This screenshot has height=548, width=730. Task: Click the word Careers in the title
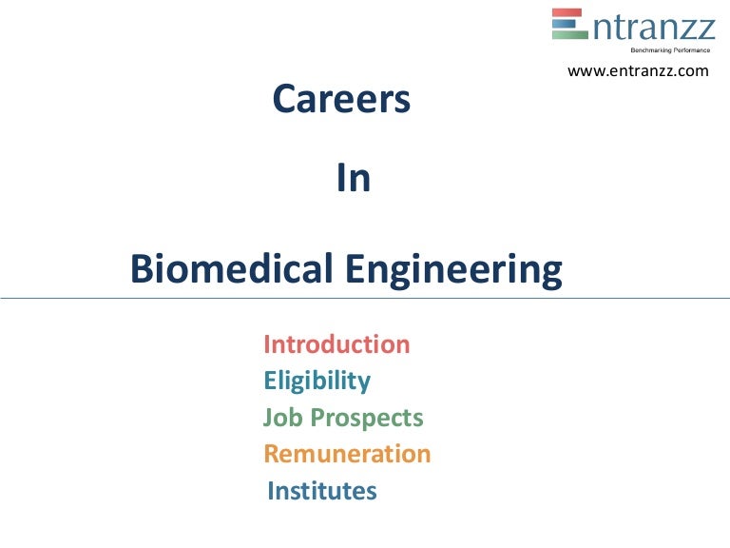coord(341,99)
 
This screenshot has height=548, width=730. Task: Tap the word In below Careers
coord(354,179)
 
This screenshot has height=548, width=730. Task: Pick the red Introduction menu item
coord(336,344)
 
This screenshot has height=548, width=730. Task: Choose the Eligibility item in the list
coord(317,382)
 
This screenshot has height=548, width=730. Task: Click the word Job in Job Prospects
coord(281,418)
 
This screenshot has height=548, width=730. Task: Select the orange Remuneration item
coord(347,454)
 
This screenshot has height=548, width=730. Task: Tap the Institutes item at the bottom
coord(322,491)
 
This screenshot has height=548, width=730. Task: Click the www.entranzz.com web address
coord(638,70)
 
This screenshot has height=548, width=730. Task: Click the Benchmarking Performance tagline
coord(665,49)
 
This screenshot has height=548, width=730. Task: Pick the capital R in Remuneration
coord(272,454)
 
